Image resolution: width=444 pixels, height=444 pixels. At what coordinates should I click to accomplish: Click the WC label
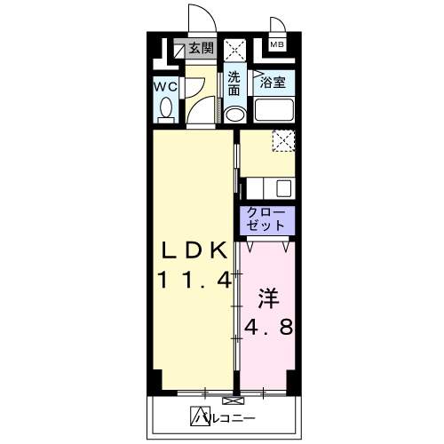(x=165, y=87)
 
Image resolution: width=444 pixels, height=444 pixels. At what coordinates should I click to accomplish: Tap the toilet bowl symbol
(x=166, y=110)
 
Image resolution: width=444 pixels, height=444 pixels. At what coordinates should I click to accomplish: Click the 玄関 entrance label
(x=201, y=49)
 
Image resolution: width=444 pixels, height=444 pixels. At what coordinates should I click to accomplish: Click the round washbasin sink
(x=234, y=114)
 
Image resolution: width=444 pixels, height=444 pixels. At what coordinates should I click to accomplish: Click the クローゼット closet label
(x=264, y=219)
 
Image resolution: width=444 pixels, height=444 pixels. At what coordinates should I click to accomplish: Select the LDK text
(x=194, y=248)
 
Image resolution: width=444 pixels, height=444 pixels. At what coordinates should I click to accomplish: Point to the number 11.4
(x=195, y=280)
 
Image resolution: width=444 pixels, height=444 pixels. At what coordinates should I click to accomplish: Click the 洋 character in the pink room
(x=268, y=296)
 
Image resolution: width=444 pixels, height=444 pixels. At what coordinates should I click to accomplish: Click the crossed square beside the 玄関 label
(x=234, y=49)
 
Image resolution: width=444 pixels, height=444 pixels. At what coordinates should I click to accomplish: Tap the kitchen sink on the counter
(x=283, y=187)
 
